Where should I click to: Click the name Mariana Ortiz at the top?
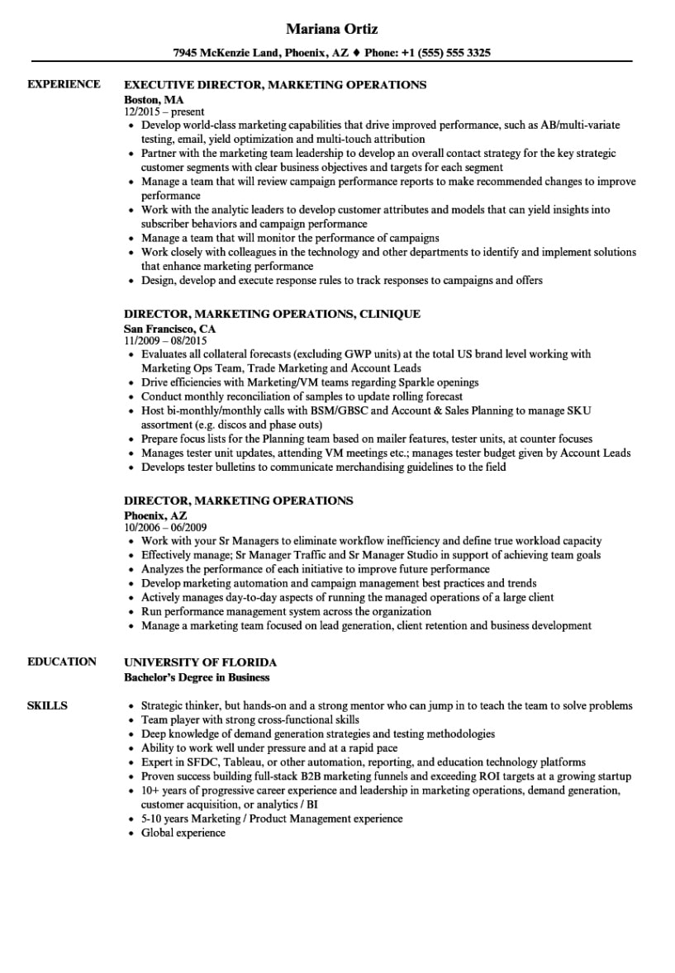click(331, 29)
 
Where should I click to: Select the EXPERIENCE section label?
click(64, 84)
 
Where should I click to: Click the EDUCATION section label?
click(62, 662)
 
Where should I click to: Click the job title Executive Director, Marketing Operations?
click(274, 84)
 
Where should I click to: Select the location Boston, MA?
click(154, 99)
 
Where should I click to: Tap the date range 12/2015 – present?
click(164, 112)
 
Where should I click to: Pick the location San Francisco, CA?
click(169, 328)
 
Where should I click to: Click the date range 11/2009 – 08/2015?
click(165, 340)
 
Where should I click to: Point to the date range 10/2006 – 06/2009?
click(165, 527)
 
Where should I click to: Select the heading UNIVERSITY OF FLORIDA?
click(200, 662)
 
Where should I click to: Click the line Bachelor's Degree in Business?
click(197, 677)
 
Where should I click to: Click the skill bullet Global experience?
click(183, 833)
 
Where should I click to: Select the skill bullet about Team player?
click(250, 719)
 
